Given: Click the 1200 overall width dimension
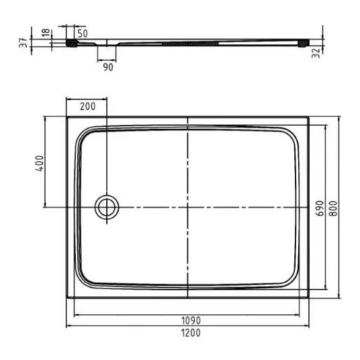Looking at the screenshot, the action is pos(191,332).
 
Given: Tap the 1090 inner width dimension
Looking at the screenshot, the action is pos(191,320).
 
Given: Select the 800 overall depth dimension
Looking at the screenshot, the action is pos(333,208).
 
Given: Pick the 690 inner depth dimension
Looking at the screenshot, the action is pos(320,208).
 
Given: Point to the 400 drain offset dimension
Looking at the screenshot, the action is pos(39,163).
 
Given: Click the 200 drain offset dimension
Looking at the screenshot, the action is pos(88,106).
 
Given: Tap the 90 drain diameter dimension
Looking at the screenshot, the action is pos(108,67).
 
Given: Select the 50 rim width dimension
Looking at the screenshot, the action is pos(83,34).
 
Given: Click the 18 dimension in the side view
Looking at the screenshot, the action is pos(46,32).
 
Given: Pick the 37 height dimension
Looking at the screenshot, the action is pos(24,43).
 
